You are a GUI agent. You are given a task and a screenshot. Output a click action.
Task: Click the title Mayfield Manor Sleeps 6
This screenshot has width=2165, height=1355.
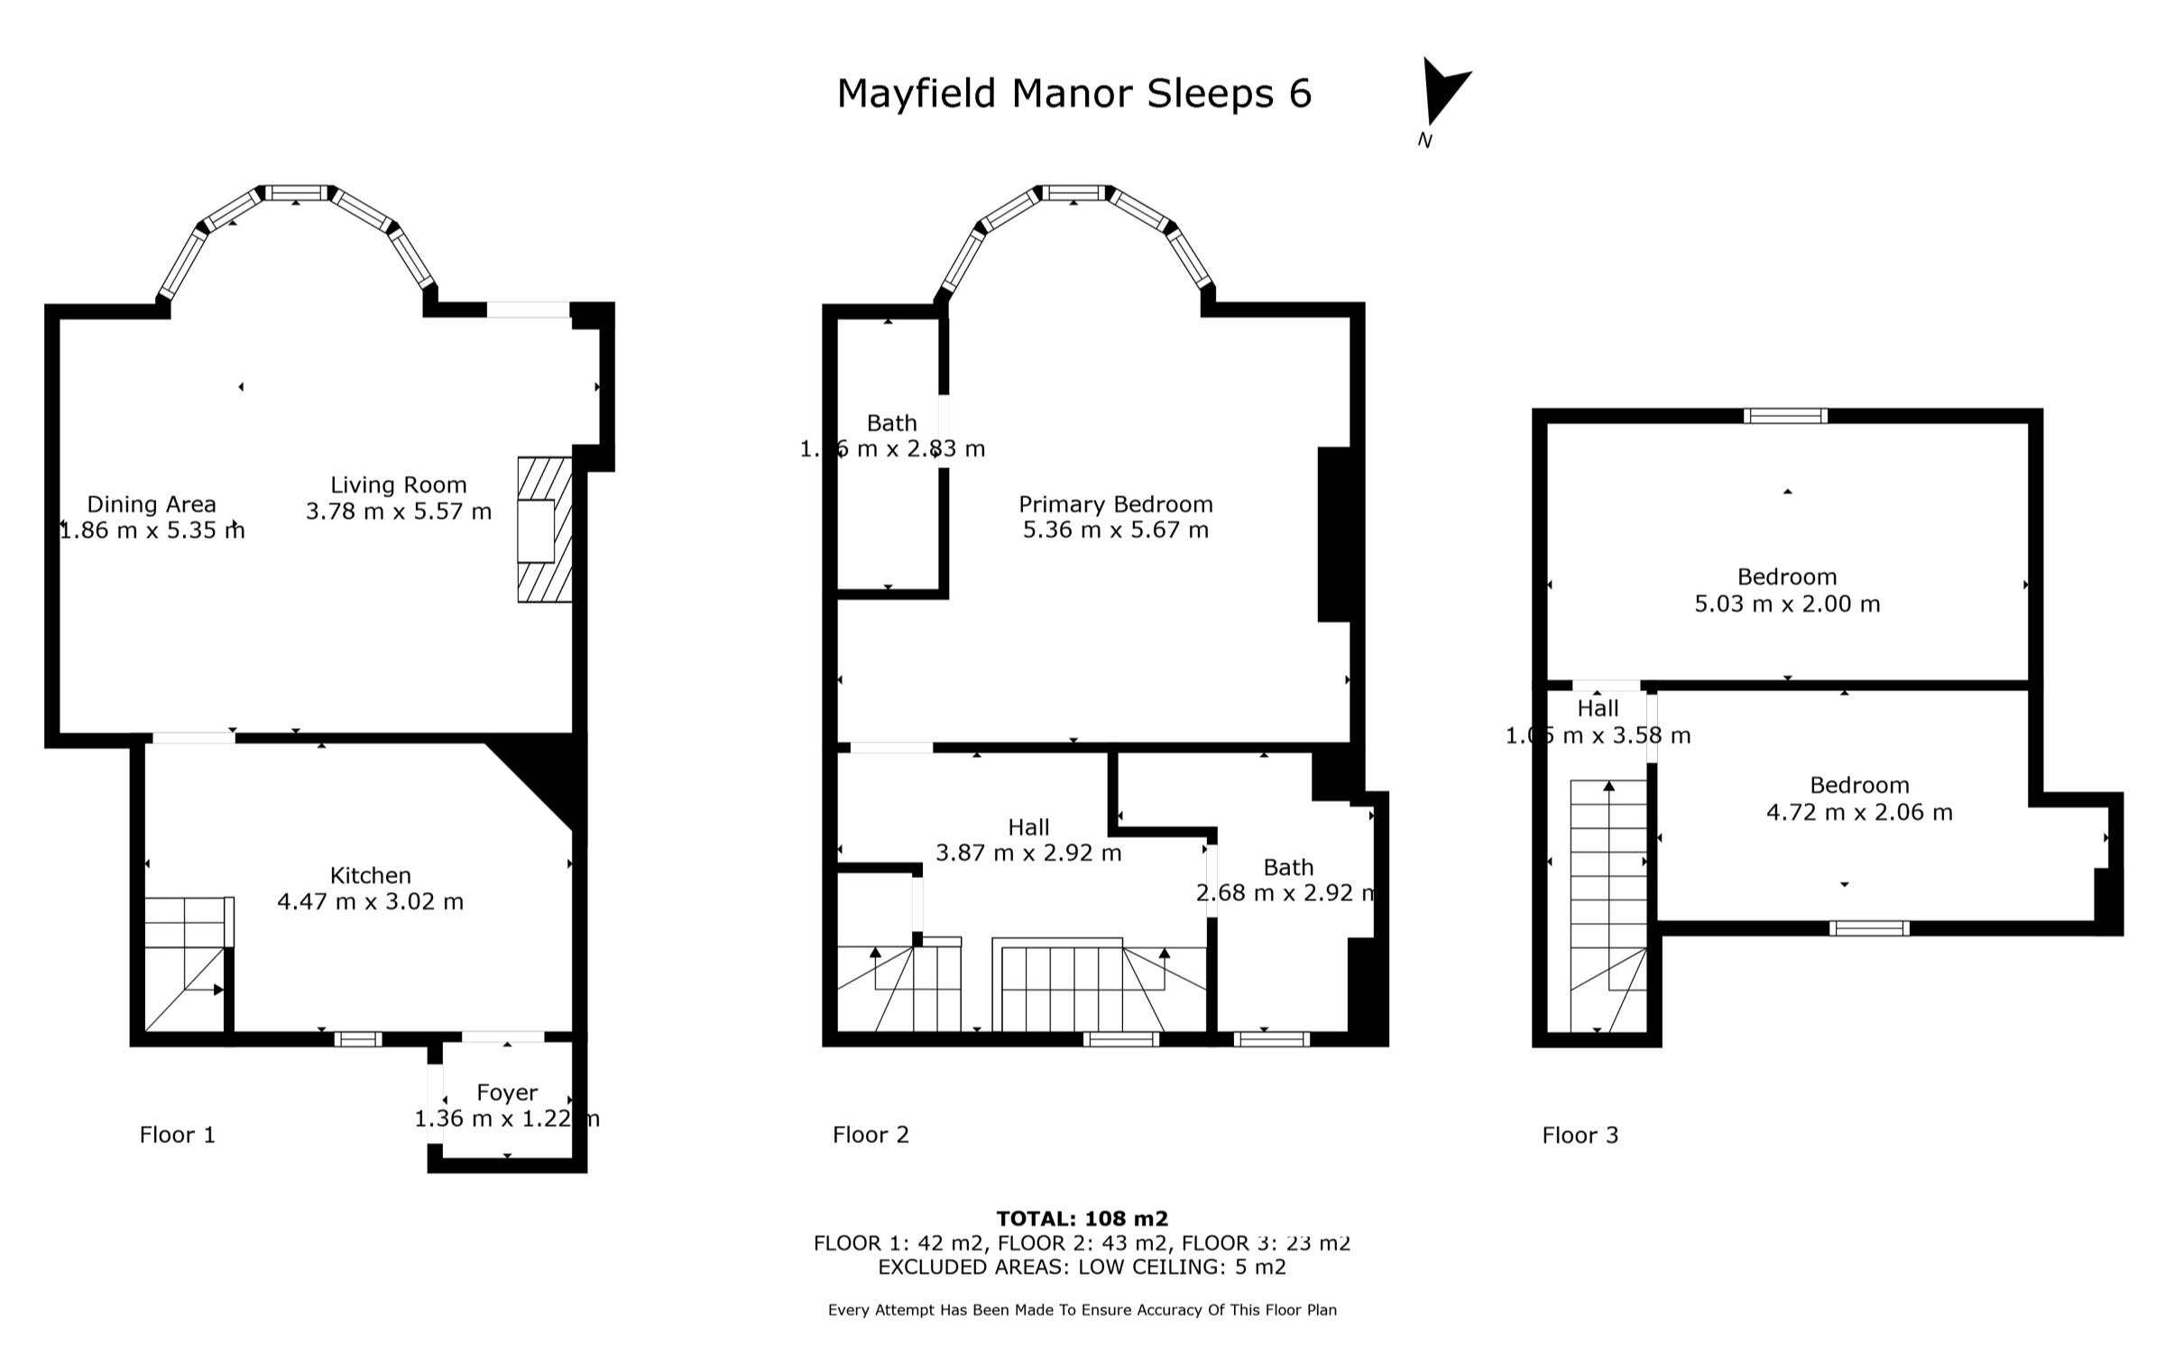click(x=1073, y=94)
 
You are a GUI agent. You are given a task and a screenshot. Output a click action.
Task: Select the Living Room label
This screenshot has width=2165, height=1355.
click(x=398, y=484)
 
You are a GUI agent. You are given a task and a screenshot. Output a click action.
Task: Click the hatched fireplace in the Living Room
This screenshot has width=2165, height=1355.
click(x=545, y=530)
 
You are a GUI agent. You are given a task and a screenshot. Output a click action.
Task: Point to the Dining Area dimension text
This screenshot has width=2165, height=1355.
click(x=152, y=530)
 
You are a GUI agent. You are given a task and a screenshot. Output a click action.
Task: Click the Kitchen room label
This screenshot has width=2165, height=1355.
click(x=370, y=875)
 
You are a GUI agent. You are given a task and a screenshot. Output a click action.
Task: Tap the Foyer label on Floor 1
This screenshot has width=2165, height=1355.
click(x=507, y=1092)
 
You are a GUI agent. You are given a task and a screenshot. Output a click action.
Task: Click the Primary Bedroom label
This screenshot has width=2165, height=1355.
click(x=1115, y=504)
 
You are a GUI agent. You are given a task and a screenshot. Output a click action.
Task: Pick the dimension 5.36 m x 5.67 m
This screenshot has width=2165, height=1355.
click(x=1115, y=530)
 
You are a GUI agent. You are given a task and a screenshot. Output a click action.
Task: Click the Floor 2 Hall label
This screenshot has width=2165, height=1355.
click(x=1028, y=827)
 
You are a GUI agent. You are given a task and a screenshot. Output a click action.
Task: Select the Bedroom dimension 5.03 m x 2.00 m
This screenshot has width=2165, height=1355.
click(x=1786, y=604)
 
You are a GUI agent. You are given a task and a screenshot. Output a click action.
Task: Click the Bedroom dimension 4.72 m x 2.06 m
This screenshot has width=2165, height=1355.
click(x=1858, y=812)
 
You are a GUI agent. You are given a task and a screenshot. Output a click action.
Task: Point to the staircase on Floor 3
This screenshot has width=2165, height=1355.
click(x=1608, y=902)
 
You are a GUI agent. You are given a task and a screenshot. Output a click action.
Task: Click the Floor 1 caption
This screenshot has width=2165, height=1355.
click(x=178, y=1135)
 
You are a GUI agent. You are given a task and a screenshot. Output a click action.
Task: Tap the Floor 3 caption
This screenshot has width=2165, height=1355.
click(x=1580, y=1135)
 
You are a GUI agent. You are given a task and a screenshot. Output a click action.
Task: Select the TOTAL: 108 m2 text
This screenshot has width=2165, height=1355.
click(x=1082, y=1219)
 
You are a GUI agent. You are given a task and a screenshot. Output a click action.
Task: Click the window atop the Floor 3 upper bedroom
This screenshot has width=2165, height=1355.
click(x=1785, y=416)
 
